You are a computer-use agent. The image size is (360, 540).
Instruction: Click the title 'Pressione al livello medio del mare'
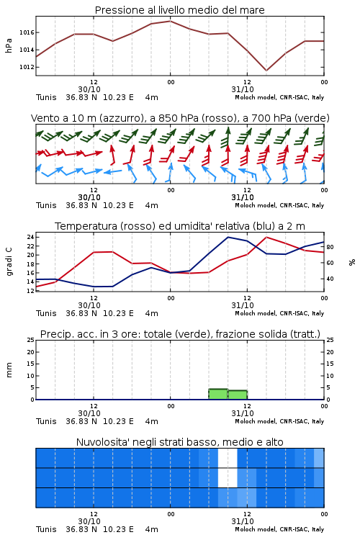pos(179,10)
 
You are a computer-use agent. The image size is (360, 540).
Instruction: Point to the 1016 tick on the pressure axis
pos(27,32)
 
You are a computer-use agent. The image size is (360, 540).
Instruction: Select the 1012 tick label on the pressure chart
pos(27,67)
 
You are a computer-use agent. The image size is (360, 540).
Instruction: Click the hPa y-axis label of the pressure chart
pos(9,45)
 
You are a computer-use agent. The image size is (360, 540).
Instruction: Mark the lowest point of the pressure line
pos(266,71)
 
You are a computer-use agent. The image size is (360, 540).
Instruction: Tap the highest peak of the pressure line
pos(170,21)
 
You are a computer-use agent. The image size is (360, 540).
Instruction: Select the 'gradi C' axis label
pos(9,261)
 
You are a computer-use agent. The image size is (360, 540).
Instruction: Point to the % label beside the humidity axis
pos(352,262)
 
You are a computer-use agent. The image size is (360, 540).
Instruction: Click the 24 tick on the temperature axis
pos(30,237)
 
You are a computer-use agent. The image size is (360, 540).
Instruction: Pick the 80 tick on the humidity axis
pos(330,247)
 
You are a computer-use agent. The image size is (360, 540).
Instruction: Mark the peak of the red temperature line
pos(266,237)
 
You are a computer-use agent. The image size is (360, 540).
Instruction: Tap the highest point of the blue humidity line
pos(228,237)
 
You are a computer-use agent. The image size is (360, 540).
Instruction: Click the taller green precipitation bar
pos(218,394)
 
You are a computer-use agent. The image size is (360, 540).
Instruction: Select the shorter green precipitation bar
pos(238,395)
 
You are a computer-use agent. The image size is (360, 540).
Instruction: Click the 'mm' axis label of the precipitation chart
pos(9,370)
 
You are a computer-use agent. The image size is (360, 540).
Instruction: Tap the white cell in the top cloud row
pos(228,458)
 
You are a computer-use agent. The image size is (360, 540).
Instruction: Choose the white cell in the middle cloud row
pos(228,478)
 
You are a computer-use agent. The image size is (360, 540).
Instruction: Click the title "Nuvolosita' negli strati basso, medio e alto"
pos(179,442)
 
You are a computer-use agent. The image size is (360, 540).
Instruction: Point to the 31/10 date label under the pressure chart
pos(243,89)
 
